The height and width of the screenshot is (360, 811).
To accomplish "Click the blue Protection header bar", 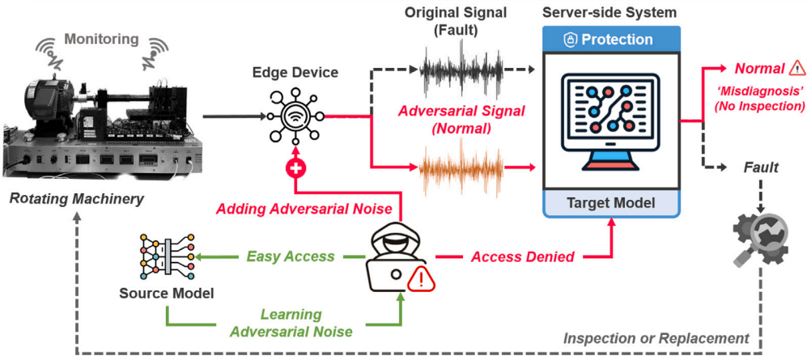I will [611, 39].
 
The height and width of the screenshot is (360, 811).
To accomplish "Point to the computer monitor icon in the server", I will [611, 121].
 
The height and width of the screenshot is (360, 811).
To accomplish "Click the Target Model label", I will [611, 202].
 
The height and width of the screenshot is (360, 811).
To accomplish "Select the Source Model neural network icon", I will [166, 256].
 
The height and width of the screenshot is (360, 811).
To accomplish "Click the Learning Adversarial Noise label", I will [291, 322].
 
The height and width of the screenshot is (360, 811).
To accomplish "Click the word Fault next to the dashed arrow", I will [762, 167].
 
